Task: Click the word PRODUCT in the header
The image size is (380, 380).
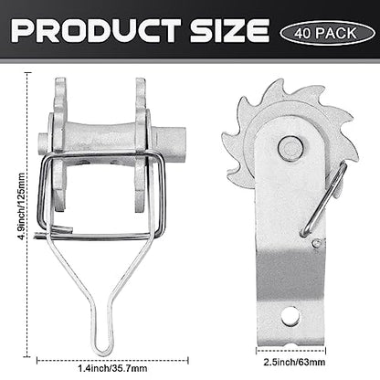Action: pos(96,30)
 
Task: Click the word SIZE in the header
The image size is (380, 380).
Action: pos(229,30)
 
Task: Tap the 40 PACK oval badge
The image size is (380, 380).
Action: pos(327,33)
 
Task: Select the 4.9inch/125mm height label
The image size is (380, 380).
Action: pos(22,206)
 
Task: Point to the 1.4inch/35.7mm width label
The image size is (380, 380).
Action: pos(112,368)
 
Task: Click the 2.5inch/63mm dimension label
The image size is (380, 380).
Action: pos(294,362)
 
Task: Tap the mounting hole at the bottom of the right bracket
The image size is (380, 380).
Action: pos(290,317)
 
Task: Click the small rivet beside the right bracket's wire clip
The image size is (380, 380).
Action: pos(316,243)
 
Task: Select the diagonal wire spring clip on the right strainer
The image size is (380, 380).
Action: pos(323,200)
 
